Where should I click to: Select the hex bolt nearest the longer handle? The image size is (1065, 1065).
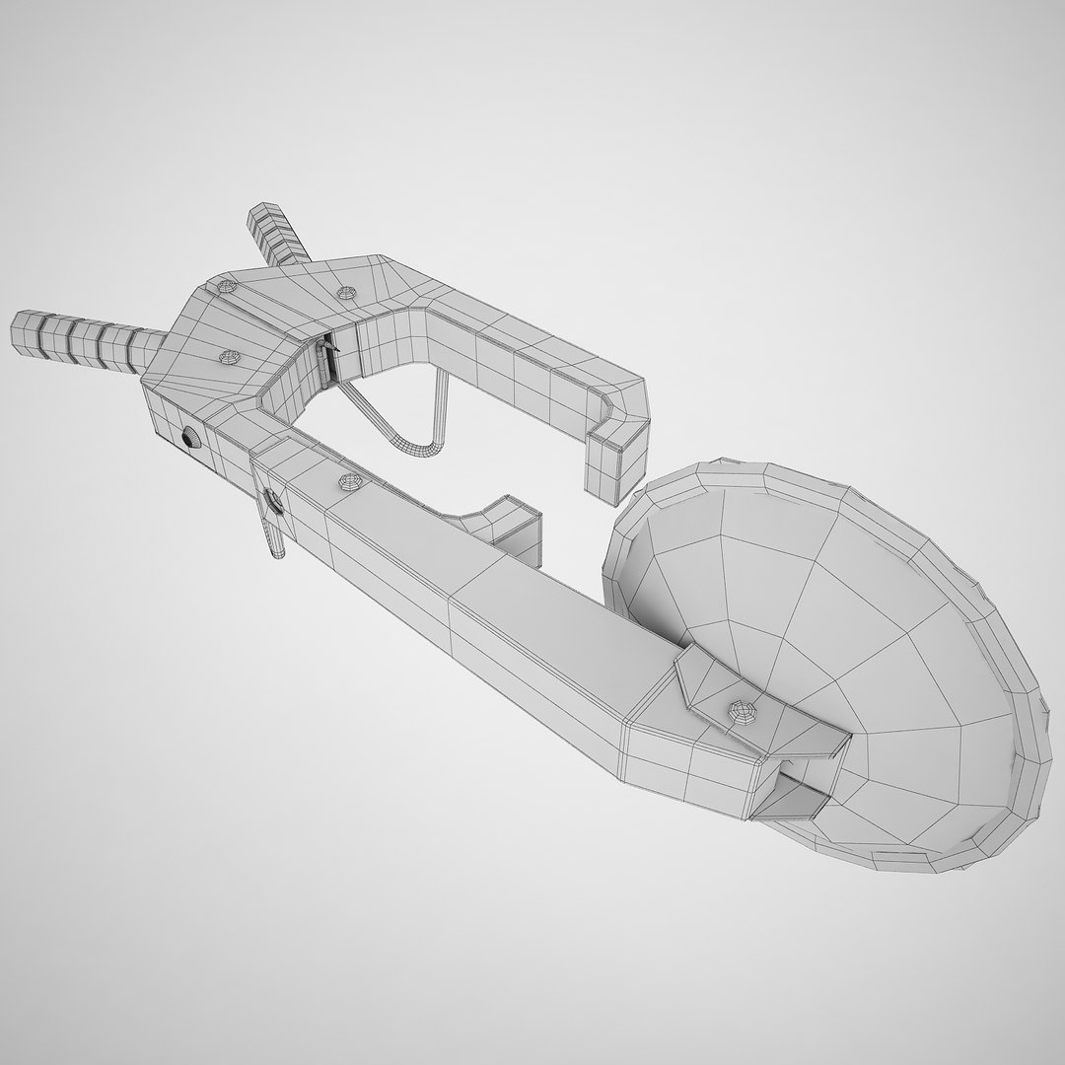[229, 355]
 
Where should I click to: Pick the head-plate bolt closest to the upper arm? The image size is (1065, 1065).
[345, 293]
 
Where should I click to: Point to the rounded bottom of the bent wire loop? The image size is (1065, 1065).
[414, 450]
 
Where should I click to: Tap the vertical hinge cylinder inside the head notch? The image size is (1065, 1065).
[323, 363]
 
